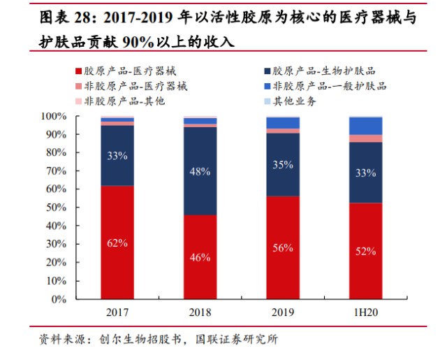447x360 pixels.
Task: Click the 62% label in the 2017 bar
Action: (117, 243)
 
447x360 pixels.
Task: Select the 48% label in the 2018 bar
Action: (200, 171)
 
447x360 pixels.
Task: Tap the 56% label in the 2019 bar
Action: (283, 248)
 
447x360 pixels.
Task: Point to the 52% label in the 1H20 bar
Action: (366, 251)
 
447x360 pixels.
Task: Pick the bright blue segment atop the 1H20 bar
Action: (366, 126)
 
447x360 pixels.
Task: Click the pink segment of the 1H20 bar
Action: (366, 138)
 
